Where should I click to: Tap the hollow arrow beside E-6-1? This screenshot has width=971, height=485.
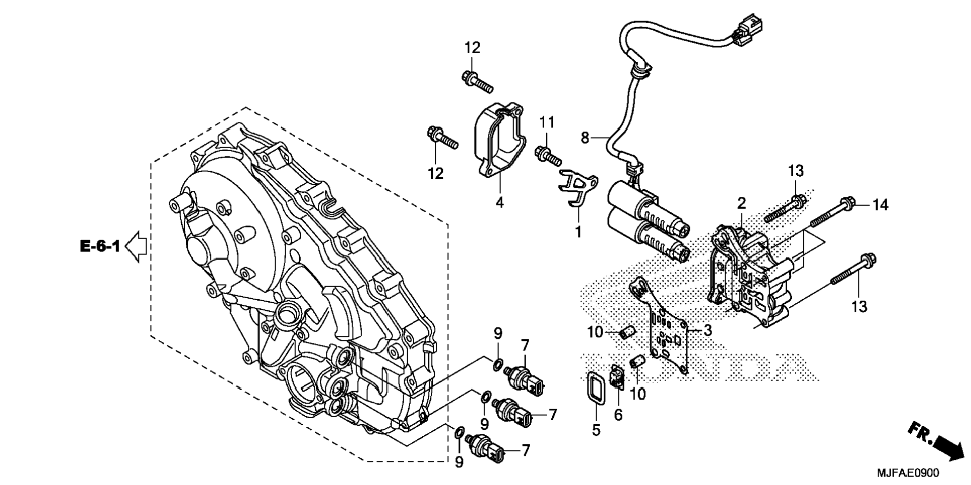[136, 246]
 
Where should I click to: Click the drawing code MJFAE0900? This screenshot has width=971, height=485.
[908, 473]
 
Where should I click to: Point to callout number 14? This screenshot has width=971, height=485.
[881, 205]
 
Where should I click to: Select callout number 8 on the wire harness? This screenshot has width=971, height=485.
[585, 137]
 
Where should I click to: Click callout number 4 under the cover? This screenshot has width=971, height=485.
[499, 203]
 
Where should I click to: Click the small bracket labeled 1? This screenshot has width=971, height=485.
[577, 188]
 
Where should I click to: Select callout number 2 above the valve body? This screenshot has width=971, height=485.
[741, 203]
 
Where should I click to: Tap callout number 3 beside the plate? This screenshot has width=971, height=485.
[707, 330]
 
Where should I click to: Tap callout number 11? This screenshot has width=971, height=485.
[547, 122]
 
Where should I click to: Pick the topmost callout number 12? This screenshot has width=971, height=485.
[472, 48]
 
